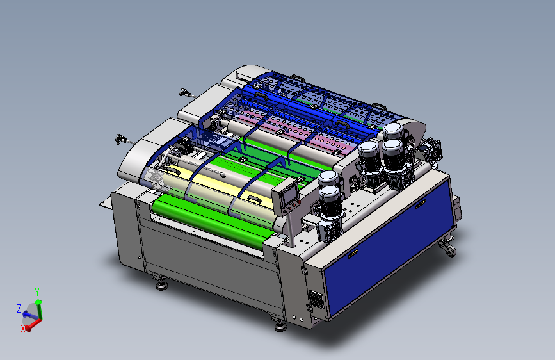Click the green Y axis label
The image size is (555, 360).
[x=37, y=292]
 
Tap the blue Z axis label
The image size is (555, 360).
[x=19, y=308]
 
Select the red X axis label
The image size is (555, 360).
[x=23, y=329]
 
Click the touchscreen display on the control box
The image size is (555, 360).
[x=289, y=195]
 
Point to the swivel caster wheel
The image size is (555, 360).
[x=449, y=248]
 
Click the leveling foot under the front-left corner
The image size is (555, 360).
[x=162, y=284]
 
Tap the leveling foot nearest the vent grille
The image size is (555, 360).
[x=280, y=325]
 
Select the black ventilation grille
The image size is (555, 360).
[x=316, y=300]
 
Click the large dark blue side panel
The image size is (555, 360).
[x=389, y=248]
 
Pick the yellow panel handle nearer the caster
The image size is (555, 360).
[x=420, y=204]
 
